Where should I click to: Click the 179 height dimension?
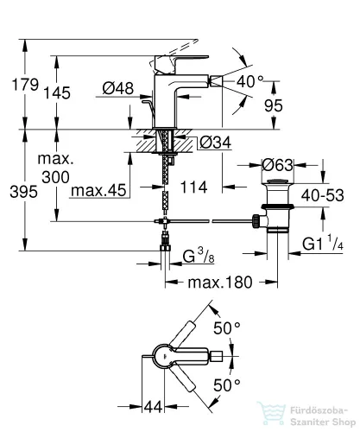[25, 85]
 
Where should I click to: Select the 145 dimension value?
[57, 92]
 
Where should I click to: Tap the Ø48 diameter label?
[118, 88]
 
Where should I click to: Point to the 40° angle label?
[250, 81]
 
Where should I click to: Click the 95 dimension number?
[274, 105]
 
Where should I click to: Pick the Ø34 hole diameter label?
[216, 143]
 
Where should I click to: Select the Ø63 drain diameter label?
[277, 165]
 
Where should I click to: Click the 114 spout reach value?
[193, 187]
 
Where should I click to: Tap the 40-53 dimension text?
[323, 195]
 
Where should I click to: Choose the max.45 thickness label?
[98, 190]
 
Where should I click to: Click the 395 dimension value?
[23, 192]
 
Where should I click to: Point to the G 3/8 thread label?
[199, 256]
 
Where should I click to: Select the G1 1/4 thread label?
[323, 245]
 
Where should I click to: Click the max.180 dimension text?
[220, 283]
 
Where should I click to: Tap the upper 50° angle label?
[227, 328]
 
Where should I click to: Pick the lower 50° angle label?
[227, 384]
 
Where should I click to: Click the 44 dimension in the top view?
[153, 407]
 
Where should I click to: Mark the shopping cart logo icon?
[271, 414]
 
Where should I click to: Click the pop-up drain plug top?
[277, 181]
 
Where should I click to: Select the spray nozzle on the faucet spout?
[216, 80]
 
